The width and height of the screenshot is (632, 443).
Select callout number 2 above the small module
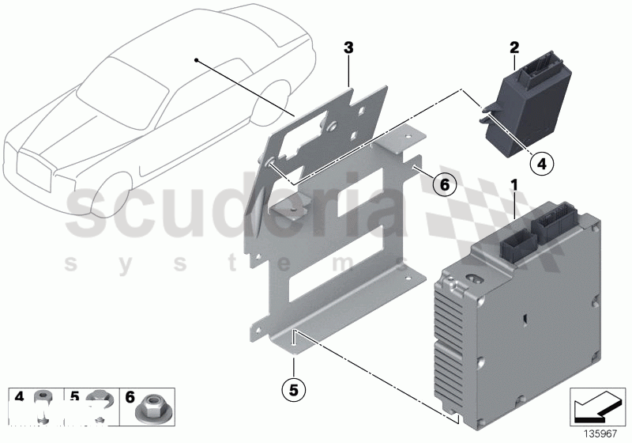[513, 47]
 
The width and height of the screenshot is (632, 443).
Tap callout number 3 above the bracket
[348, 48]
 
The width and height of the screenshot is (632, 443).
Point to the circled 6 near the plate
[444, 185]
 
